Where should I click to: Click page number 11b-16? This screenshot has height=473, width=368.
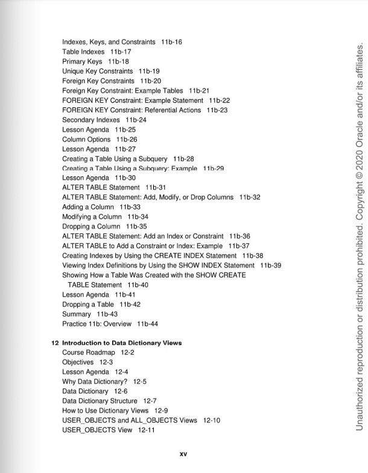tap(171, 42)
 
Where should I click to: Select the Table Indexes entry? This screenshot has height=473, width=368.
tap(83, 52)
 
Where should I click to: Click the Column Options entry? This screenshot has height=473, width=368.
tap(86, 139)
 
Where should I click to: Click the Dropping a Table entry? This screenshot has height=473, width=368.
tap(88, 304)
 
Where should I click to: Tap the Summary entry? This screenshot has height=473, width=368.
tap(77, 314)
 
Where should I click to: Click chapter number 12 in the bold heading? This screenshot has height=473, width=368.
tap(54, 343)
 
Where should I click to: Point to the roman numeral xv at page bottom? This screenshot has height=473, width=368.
tap(184, 454)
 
